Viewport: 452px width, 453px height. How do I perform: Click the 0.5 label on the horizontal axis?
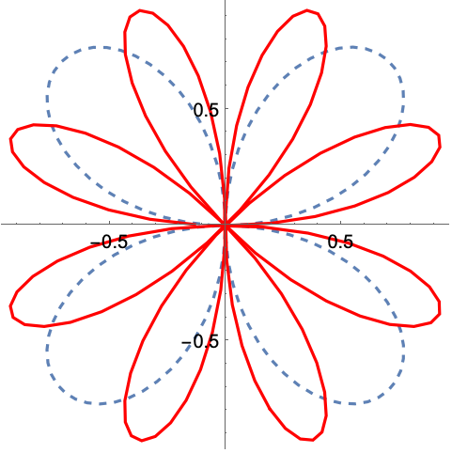(340, 242)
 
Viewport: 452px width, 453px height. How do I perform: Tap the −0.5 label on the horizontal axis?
(109, 242)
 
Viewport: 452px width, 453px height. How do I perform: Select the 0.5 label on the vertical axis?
(206, 110)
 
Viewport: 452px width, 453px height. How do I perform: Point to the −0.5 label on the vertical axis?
(200, 341)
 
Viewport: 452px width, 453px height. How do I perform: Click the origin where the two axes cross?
(225, 224)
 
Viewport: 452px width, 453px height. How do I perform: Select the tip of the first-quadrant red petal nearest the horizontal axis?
(437, 134)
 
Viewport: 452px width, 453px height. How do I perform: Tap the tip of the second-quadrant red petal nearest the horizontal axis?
(13, 135)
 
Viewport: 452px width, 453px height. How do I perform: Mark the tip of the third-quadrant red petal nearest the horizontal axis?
(13, 314)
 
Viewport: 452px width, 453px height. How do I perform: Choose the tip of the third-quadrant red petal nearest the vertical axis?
(134, 437)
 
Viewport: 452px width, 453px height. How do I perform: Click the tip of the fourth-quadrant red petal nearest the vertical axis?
(317, 437)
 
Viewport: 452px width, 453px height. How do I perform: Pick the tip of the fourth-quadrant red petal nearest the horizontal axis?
(437, 314)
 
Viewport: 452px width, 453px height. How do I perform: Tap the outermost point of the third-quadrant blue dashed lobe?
(62, 387)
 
